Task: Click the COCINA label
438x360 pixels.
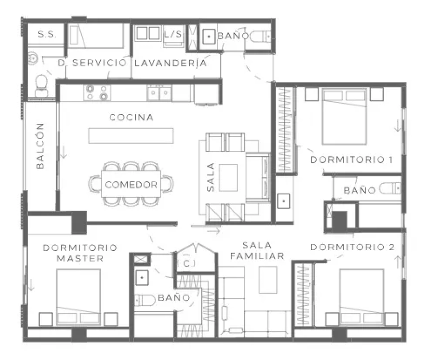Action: click(x=131, y=117)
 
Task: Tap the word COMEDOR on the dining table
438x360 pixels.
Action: click(x=131, y=185)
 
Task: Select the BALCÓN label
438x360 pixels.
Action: click(x=40, y=146)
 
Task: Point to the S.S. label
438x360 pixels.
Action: click(x=47, y=34)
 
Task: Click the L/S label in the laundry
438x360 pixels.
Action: click(x=173, y=34)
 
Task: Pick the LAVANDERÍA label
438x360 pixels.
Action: click(x=171, y=63)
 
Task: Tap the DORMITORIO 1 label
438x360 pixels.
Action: click(x=352, y=160)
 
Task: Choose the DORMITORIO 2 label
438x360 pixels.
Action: click(x=352, y=247)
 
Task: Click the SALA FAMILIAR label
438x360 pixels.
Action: click(x=257, y=251)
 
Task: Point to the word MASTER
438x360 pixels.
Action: click(x=80, y=258)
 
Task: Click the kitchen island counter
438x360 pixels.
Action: click(x=131, y=136)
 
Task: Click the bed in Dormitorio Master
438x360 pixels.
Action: click(x=79, y=297)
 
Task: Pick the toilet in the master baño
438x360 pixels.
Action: click(x=145, y=301)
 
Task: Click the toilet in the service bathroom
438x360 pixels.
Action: click(x=41, y=85)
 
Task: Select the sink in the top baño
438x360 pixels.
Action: click(x=209, y=36)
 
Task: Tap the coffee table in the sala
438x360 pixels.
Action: click(x=228, y=178)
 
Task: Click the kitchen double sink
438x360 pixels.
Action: click(x=159, y=92)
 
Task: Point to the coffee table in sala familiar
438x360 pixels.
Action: click(x=268, y=279)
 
